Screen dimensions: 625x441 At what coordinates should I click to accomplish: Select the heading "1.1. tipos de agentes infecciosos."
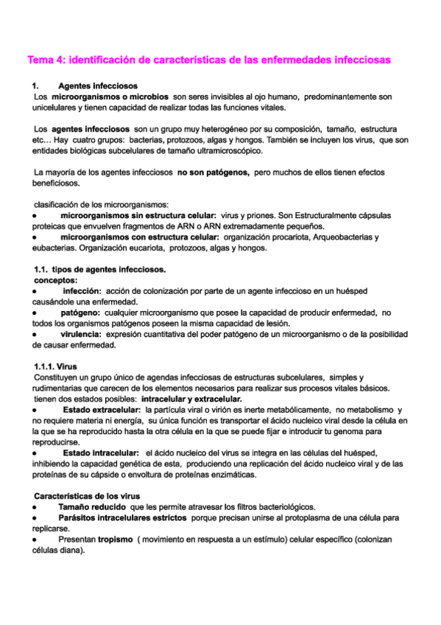coord(101,269)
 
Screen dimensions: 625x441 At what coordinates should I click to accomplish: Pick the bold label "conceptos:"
coord(56,280)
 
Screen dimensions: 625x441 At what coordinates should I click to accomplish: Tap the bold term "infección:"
coord(82,291)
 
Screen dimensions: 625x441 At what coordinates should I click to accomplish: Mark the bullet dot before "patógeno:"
coord(35,312)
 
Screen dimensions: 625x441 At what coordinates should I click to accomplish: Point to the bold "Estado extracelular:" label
coord(102,409)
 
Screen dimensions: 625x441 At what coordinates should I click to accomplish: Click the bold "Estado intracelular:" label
coord(101,452)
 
